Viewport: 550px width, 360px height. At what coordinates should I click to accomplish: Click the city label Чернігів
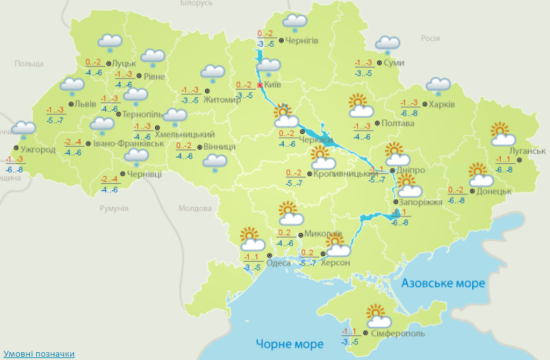[x=302, y=41]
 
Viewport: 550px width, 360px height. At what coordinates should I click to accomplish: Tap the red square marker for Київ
[x=260, y=85]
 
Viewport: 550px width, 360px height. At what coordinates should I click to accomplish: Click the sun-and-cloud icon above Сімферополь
[x=378, y=316]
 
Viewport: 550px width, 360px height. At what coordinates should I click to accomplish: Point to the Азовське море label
[x=443, y=284]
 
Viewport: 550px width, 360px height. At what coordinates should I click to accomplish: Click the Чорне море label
[x=289, y=344]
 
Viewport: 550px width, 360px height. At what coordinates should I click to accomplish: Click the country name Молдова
[x=195, y=209]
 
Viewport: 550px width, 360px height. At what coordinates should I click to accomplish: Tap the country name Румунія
[x=114, y=209]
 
